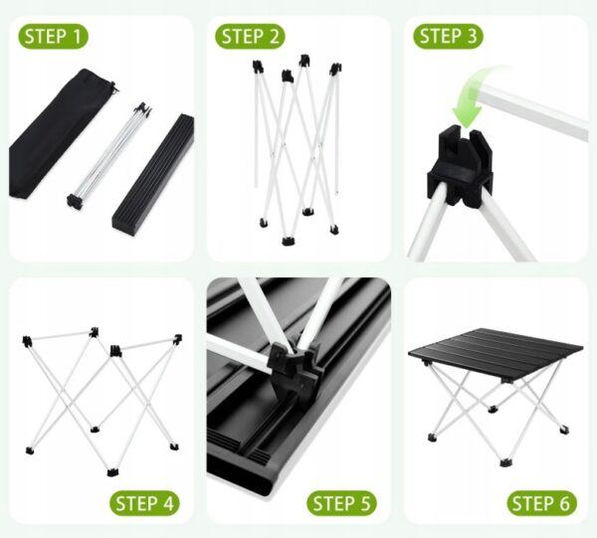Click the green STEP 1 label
point(54,37)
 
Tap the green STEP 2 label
point(250,37)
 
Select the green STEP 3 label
point(448,37)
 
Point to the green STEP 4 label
point(144,503)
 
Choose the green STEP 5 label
point(341,503)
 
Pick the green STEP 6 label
point(541,503)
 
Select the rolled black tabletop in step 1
point(153,174)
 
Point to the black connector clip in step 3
point(460,165)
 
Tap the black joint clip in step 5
point(293,367)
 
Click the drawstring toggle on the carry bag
point(113,88)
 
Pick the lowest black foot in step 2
point(288,242)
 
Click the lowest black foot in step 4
point(112,472)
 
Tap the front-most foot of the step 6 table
point(505,462)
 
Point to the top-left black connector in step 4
point(27,341)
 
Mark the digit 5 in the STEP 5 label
point(364,503)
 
